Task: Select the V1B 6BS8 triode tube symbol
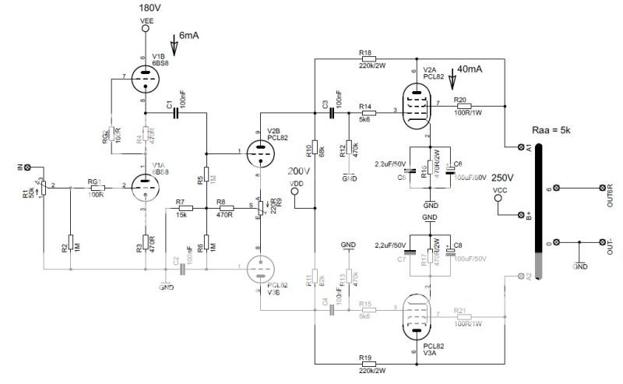tap(144, 78)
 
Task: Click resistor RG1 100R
tap(97, 187)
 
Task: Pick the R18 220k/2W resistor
tap(366, 59)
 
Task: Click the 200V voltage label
tap(299, 171)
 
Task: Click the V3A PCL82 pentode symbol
tap(421, 317)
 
